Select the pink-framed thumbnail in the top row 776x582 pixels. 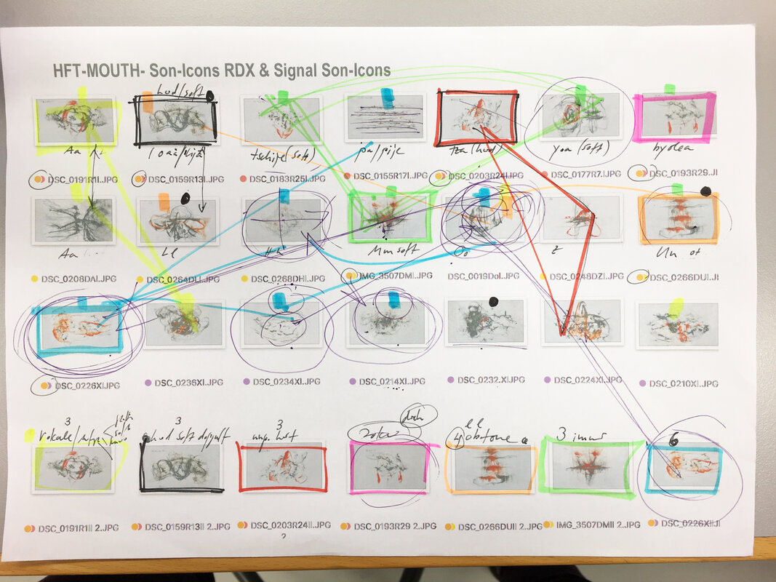[x=674, y=117]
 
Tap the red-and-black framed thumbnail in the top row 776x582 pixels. [x=476, y=117]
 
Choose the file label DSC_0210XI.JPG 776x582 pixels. [x=683, y=383]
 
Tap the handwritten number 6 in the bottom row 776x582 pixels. [x=673, y=440]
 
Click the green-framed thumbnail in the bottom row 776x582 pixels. [x=591, y=467]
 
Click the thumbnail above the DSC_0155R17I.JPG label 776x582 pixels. [x=385, y=116]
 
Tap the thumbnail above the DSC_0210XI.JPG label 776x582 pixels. [x=677, y=324]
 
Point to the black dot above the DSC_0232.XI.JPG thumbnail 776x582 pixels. [x=494, y=301]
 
